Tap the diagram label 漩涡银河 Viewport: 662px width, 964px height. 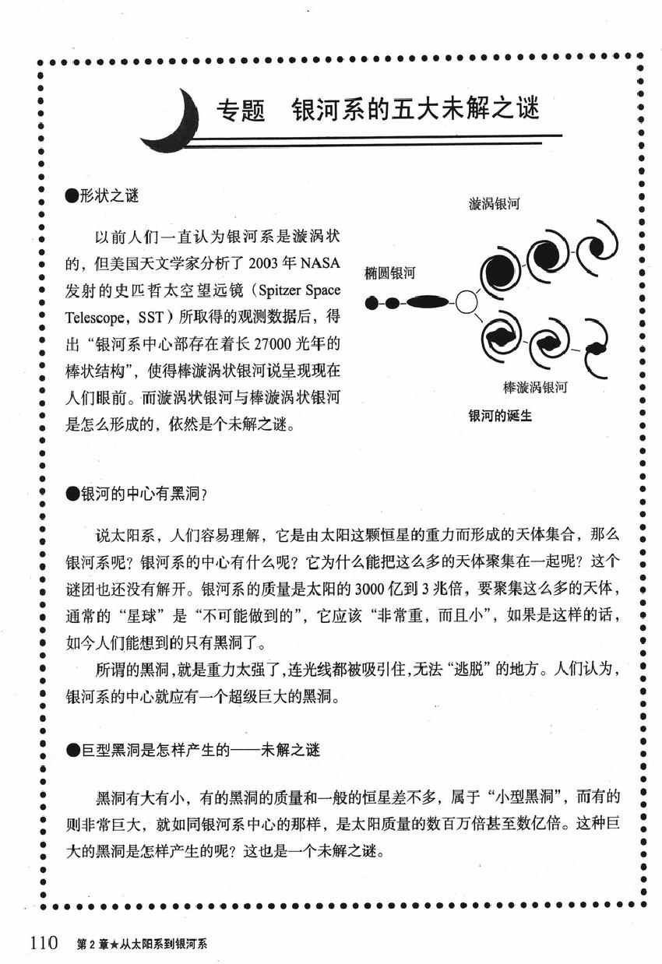pyautogui.click(x=494, y=204)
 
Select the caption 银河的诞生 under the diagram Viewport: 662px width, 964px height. pyautogui.click(x=499, y=415)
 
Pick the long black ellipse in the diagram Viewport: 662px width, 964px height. pyautogui.click(x=428, y=301)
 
